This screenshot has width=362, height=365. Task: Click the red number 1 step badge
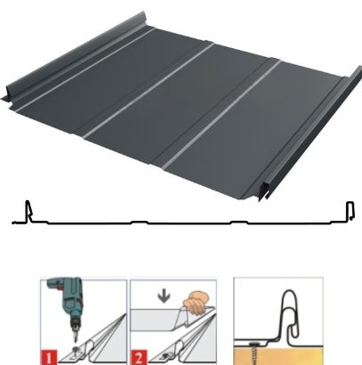coord(49,358)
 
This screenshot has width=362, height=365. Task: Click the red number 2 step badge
coord(139,358)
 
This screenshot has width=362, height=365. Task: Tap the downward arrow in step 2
coord(164,297)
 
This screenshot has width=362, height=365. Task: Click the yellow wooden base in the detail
coord(278,355)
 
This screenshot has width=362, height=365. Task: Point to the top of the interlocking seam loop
coord(289,291)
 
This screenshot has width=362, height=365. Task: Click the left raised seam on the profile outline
coord(28,211)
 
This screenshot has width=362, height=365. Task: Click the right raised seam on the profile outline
coord(350,211)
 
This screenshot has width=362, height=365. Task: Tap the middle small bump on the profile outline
coord(140,222)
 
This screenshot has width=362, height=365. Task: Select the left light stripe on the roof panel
coord(84,69)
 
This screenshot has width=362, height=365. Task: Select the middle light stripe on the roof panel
coord(149,91)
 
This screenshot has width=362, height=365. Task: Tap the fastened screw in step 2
coord(165,354)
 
